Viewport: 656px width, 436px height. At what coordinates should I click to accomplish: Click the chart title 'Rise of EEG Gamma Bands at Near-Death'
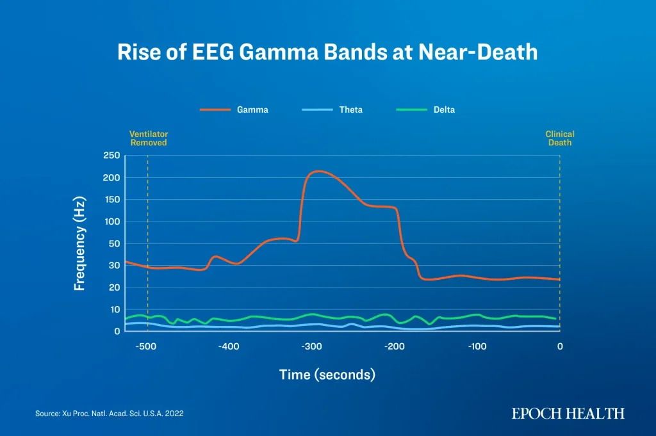327,52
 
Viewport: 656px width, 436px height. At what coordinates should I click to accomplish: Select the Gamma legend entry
234,109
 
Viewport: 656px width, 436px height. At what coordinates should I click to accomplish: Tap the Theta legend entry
332,109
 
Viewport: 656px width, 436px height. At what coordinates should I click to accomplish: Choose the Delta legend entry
425,109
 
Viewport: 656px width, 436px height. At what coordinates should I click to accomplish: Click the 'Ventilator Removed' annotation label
149,138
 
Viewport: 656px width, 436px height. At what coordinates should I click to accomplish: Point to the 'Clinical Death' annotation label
560,138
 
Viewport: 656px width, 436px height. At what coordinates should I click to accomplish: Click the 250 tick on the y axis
111,156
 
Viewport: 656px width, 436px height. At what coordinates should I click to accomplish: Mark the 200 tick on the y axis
111,177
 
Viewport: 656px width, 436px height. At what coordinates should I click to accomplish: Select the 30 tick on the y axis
114,266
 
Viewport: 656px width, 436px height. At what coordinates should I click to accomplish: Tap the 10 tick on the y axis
115,310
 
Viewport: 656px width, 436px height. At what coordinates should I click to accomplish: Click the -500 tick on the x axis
146,346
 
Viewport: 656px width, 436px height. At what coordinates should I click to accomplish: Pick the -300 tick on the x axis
312,346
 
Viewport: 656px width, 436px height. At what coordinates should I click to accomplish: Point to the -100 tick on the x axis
477,346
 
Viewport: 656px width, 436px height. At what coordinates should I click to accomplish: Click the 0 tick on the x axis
560,346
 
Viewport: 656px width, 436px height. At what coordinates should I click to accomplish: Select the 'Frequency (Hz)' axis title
79,243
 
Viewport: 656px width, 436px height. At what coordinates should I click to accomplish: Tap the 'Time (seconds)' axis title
327,375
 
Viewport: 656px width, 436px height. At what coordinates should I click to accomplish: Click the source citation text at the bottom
109,414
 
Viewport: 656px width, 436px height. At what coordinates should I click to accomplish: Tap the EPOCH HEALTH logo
568,414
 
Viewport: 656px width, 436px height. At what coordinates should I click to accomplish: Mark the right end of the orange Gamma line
559,280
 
